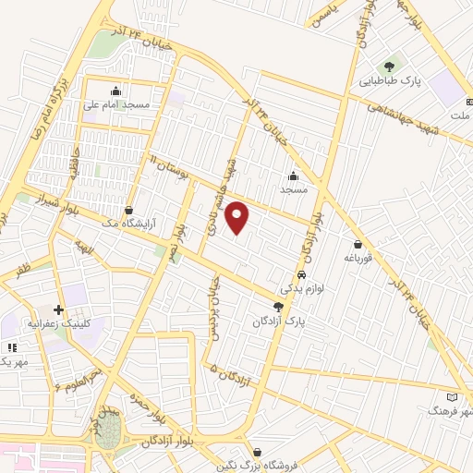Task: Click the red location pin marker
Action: tap(238, 218)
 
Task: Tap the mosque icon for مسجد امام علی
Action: tap(115, 91)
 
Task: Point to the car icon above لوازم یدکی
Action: tap(302, 276)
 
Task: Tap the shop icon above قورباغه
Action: tap(358, 244)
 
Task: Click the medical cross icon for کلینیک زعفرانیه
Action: tap(59, 310)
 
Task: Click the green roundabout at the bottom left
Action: tap(107, 431)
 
